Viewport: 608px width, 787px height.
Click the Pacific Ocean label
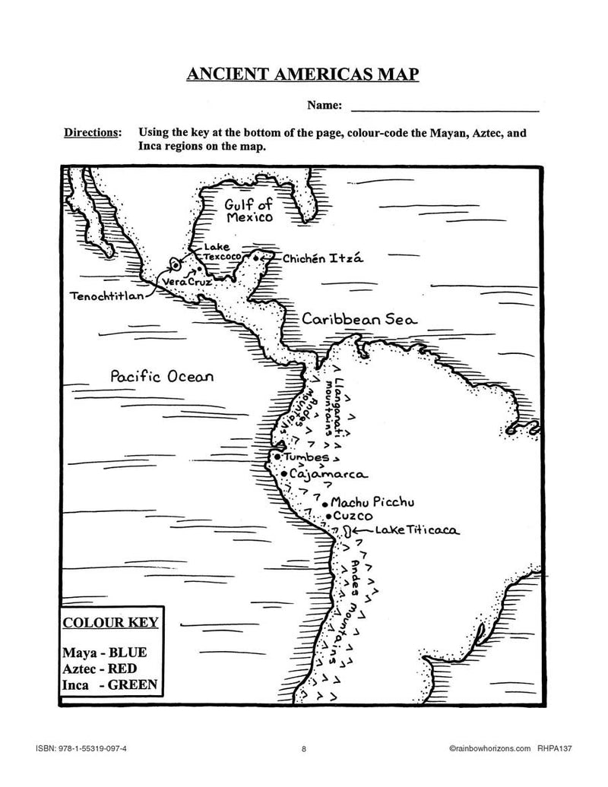coord(162,375)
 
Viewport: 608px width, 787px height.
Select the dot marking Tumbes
coord(278,458)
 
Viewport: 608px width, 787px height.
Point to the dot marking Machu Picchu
coord(325,503)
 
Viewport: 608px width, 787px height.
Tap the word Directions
coord(92,132)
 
